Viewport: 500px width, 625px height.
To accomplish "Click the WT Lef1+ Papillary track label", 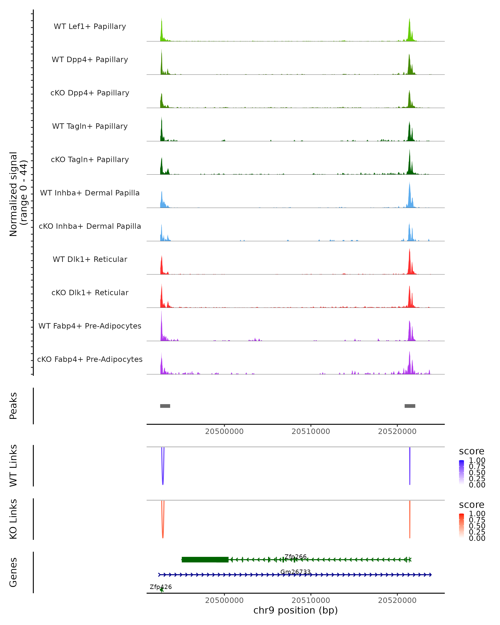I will pyautogui.click(x=90, y=26).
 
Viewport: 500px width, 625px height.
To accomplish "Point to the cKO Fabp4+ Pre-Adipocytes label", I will pyautogui.click(x=90, y=359).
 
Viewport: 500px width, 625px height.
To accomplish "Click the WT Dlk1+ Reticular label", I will pyautogui.click(x=90, y=259).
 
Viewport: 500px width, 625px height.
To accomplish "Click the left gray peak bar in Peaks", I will pyautogui.click(x=165, y=406).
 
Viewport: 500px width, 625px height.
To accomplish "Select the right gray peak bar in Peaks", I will pyautogui.click(x=410, y=406).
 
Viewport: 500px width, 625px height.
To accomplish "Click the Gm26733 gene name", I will pyautogui.click(x=295, y=572).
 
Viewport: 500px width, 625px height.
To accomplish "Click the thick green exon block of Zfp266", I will pyautogui.click(x=205, y=560).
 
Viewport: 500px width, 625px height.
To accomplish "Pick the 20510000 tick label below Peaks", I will pyautogui.click(x=311, y=431).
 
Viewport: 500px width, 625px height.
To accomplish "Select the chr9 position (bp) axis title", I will pyautogui.click(x=295, y=610).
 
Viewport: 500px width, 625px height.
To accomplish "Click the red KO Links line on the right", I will pyautogui.click(x=410, y=519).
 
